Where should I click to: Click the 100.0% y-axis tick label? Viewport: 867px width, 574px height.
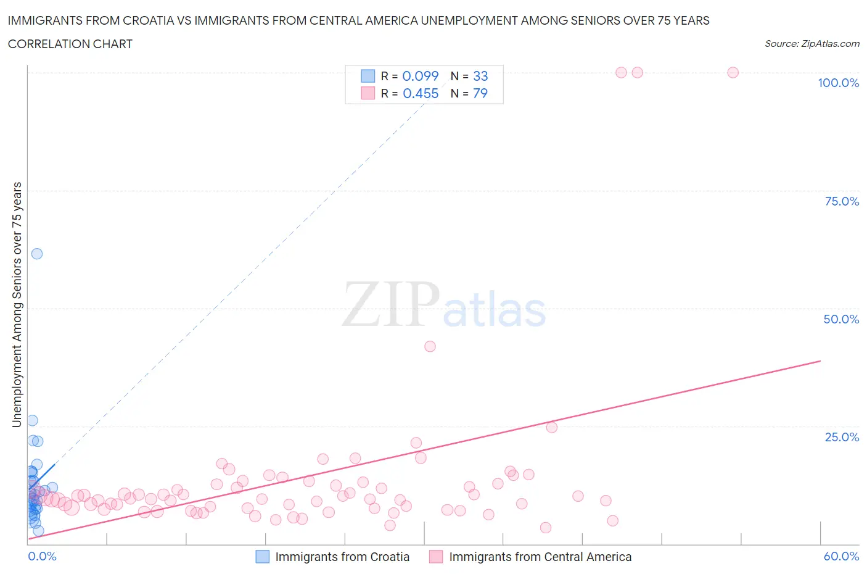tap(838, 83)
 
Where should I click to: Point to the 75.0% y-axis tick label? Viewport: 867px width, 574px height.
tap(842, 201)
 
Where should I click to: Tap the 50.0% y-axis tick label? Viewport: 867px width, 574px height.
tap(841, 319)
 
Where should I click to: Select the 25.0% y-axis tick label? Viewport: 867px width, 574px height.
tap(842, 437)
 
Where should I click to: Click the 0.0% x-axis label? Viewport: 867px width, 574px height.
tap(42, 556)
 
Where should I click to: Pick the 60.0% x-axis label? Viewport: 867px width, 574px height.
tap(841, 556)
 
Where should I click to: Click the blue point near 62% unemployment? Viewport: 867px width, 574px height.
tap(37, 254)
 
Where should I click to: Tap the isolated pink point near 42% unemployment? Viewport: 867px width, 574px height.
tap(430, 346)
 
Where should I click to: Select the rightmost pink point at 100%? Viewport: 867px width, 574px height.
tap(733, 72)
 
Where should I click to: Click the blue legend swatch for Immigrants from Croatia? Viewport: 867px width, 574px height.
tap(263, 557)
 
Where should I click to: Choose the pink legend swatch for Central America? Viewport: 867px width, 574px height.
tap(437, 557)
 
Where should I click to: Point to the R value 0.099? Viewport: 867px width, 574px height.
tap(421, 76)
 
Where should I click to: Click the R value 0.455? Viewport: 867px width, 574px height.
tap(421, 93)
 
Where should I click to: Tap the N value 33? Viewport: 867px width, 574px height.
tap(480, 76)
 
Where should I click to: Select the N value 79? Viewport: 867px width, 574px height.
tap(480, 93)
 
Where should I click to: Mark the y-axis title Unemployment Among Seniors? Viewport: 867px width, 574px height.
tap(17, 304)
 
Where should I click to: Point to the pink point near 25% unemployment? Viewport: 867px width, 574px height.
tap(552, 427)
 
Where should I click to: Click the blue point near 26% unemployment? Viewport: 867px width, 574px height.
tap(33, 420)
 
